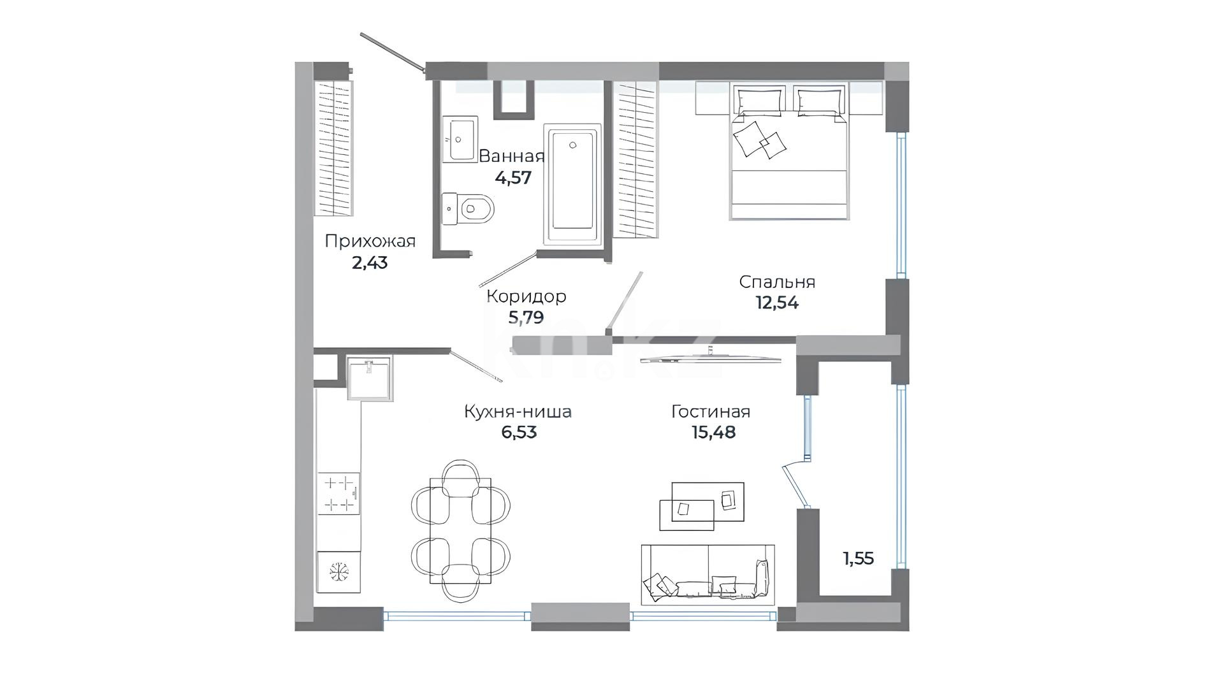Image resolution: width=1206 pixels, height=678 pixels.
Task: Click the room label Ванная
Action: [x=511, y=156]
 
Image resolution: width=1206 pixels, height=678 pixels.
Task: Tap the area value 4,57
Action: [x=513, y=178]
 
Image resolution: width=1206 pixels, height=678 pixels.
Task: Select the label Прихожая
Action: [x=370, y=242]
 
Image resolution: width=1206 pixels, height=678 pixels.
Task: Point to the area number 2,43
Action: [x=370, y=263]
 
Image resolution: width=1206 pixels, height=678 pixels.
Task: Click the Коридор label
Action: [x=526, y=296]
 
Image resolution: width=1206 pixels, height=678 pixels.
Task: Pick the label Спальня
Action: [x=777, y=282]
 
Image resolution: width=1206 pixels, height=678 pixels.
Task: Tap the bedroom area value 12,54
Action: [x=777, y=303]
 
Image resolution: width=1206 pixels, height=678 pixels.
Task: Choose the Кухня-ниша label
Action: [x=518, y=412]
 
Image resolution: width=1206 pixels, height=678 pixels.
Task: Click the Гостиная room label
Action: [x=711, y=412]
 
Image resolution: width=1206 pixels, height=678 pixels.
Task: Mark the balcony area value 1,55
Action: [x=859, y=559]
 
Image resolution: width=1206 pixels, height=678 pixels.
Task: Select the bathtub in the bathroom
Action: [x=572, y=184]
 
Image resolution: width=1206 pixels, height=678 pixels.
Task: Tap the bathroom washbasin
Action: [x=460, y=140]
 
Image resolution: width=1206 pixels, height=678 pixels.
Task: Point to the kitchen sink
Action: [x=370, y=378]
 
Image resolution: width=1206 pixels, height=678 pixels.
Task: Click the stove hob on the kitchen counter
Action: [x=339, y=493]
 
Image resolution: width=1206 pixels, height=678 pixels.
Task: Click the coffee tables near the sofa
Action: [x=702, y=506]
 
